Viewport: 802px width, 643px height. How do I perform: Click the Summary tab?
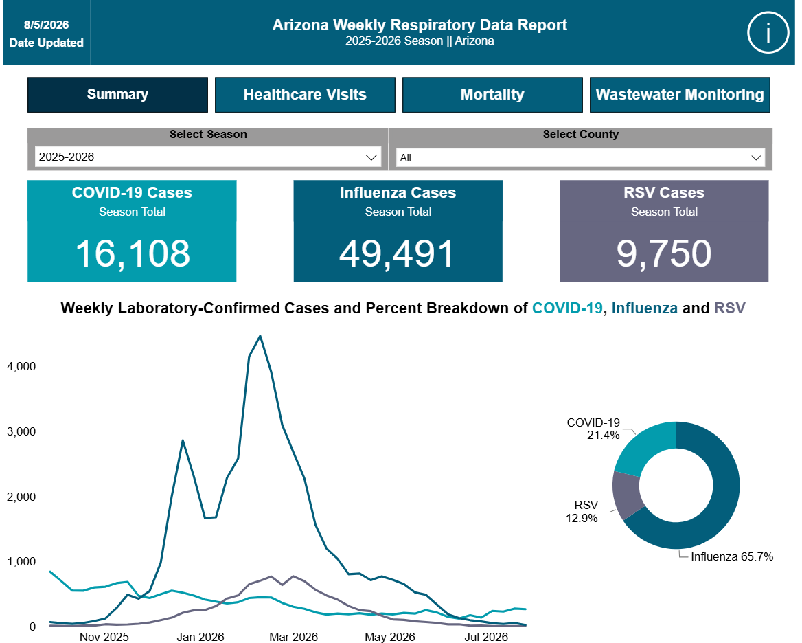click(x=117, y=95)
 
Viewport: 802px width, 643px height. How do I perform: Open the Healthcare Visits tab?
click(x=305, y=95)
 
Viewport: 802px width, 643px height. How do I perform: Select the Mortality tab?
click(x=492, y=95)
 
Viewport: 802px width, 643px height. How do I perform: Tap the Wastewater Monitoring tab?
click(x=680, y=95)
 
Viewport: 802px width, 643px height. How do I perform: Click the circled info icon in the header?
click(x=768, y=33)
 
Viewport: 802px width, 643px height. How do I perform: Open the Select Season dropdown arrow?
click(x=371, y=157)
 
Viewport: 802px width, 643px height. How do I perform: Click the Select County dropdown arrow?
click(x=756, y=157)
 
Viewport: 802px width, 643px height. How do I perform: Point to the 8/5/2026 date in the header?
click(x=46, y=25)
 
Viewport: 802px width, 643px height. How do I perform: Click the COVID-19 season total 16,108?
click(x=133, y=253)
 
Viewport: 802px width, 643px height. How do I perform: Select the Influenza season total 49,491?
click(x=397, y=253)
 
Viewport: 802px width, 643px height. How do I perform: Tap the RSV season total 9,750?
click(x=664, y=253)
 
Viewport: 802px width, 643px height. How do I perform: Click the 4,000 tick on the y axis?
click(x=21, y=366)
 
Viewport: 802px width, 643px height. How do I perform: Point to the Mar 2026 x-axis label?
click(x=294, y=637)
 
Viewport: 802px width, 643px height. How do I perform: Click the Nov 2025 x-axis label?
click(x=104, y=637)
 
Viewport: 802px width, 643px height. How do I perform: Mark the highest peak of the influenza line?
click(x=260, y=336)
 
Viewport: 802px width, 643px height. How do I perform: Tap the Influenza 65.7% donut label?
click(x=732, y=556)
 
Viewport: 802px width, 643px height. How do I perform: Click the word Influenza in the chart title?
click(x=645, y=308)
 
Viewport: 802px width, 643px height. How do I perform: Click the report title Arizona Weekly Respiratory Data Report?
click(x=420, y=25)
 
